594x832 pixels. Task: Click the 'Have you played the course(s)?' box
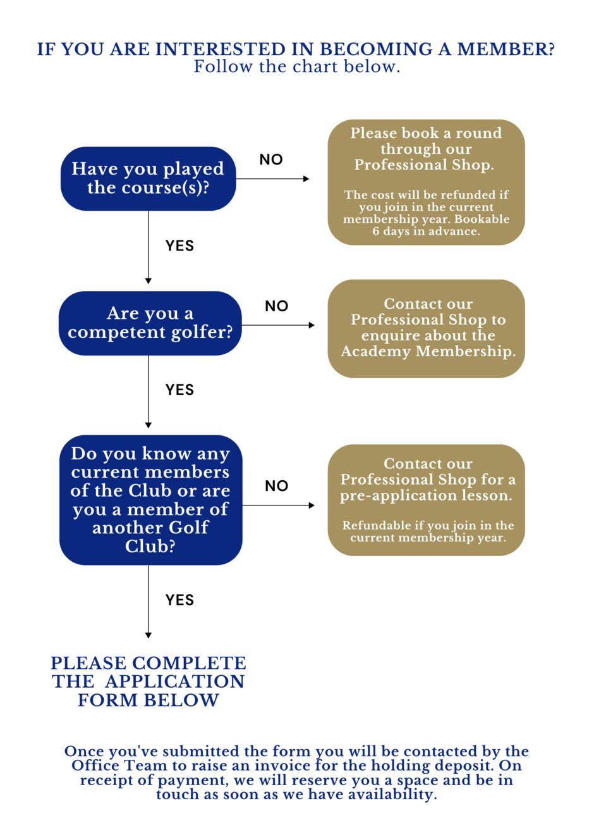click(148, 178)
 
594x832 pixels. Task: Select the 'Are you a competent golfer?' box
click(150, 323)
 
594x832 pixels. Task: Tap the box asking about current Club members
click(150, 500)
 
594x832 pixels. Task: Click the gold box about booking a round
click(426, 182)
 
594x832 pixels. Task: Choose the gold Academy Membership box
click(426, 328)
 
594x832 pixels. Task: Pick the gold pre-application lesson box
click(426, 500)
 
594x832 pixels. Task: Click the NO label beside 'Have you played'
click(271, 159)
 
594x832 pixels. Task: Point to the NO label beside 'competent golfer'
click(276, 306)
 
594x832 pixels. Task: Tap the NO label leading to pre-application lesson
click(276, 486)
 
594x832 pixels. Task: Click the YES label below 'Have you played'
click(179, 245)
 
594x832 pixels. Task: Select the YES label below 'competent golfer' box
click(179, 390)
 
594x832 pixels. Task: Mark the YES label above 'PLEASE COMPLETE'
click(179, 600)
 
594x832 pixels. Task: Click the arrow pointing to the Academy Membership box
click(278, 325)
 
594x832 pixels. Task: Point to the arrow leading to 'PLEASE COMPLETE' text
click(148, 602)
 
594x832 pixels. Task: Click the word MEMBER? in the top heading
click(506, 49)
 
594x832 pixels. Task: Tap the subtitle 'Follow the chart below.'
click(297, 66)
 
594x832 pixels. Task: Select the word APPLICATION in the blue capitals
click(174, 681)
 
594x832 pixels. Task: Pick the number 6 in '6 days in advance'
click(376, 231)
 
